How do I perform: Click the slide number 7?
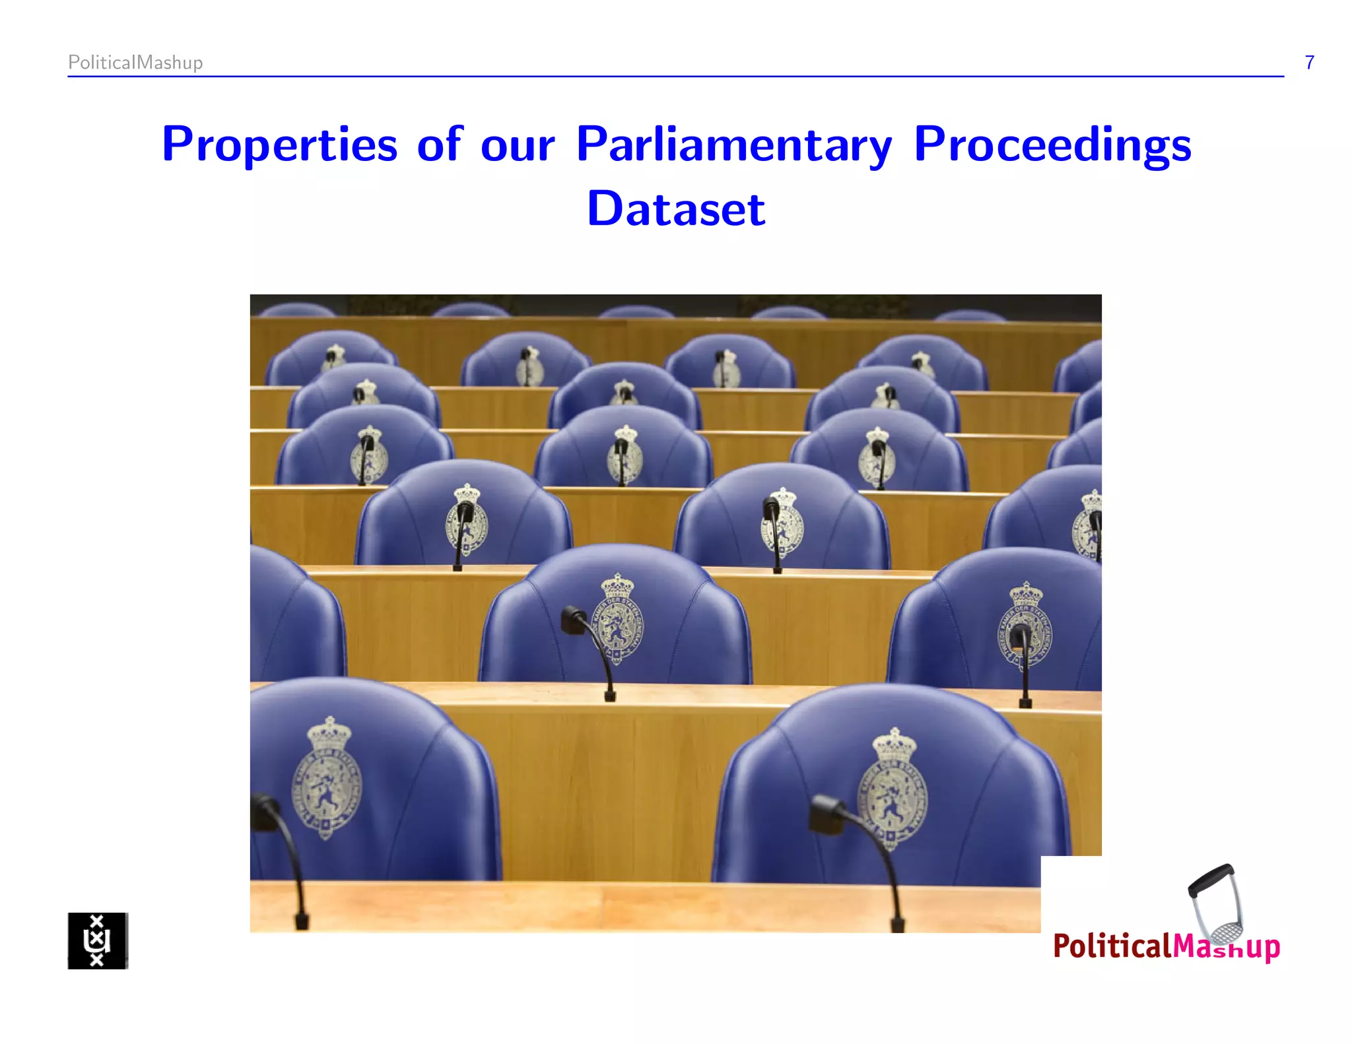(x=1309, y=63)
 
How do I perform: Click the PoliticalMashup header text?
(x=135, y=63)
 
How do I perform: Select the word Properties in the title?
(x=279, y=144)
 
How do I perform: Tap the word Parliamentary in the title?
(x=733, y=144)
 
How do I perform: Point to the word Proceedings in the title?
(x=1052, y=144)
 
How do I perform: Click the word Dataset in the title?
(x=676, y=209)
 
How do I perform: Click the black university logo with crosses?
(x=98, y=940)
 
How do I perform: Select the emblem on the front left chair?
(x=327, y=779)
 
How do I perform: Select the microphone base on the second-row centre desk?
(x=610, y=695)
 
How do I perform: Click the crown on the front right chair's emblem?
(x=895, y=745)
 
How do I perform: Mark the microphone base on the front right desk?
(x=897, y=925)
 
